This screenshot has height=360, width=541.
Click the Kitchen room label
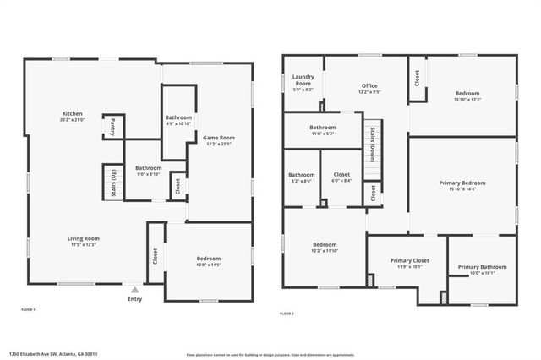point(72,114)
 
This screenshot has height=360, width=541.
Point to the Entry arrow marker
point(134,288)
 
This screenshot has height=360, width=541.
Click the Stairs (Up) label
point(113,182)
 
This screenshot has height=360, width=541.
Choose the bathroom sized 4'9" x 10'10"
point(178,117)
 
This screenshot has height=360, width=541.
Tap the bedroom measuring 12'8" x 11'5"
point(209,259)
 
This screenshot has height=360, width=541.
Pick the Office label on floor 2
point(369,85)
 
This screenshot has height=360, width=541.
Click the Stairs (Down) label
point(372,144)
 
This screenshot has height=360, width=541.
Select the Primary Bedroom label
point(462,183)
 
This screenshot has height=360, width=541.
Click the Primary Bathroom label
point(482,268)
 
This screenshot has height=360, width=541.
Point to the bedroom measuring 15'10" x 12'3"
point(467,94)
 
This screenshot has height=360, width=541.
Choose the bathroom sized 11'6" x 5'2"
point(323,127)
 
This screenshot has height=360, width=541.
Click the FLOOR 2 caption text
point(287,314)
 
